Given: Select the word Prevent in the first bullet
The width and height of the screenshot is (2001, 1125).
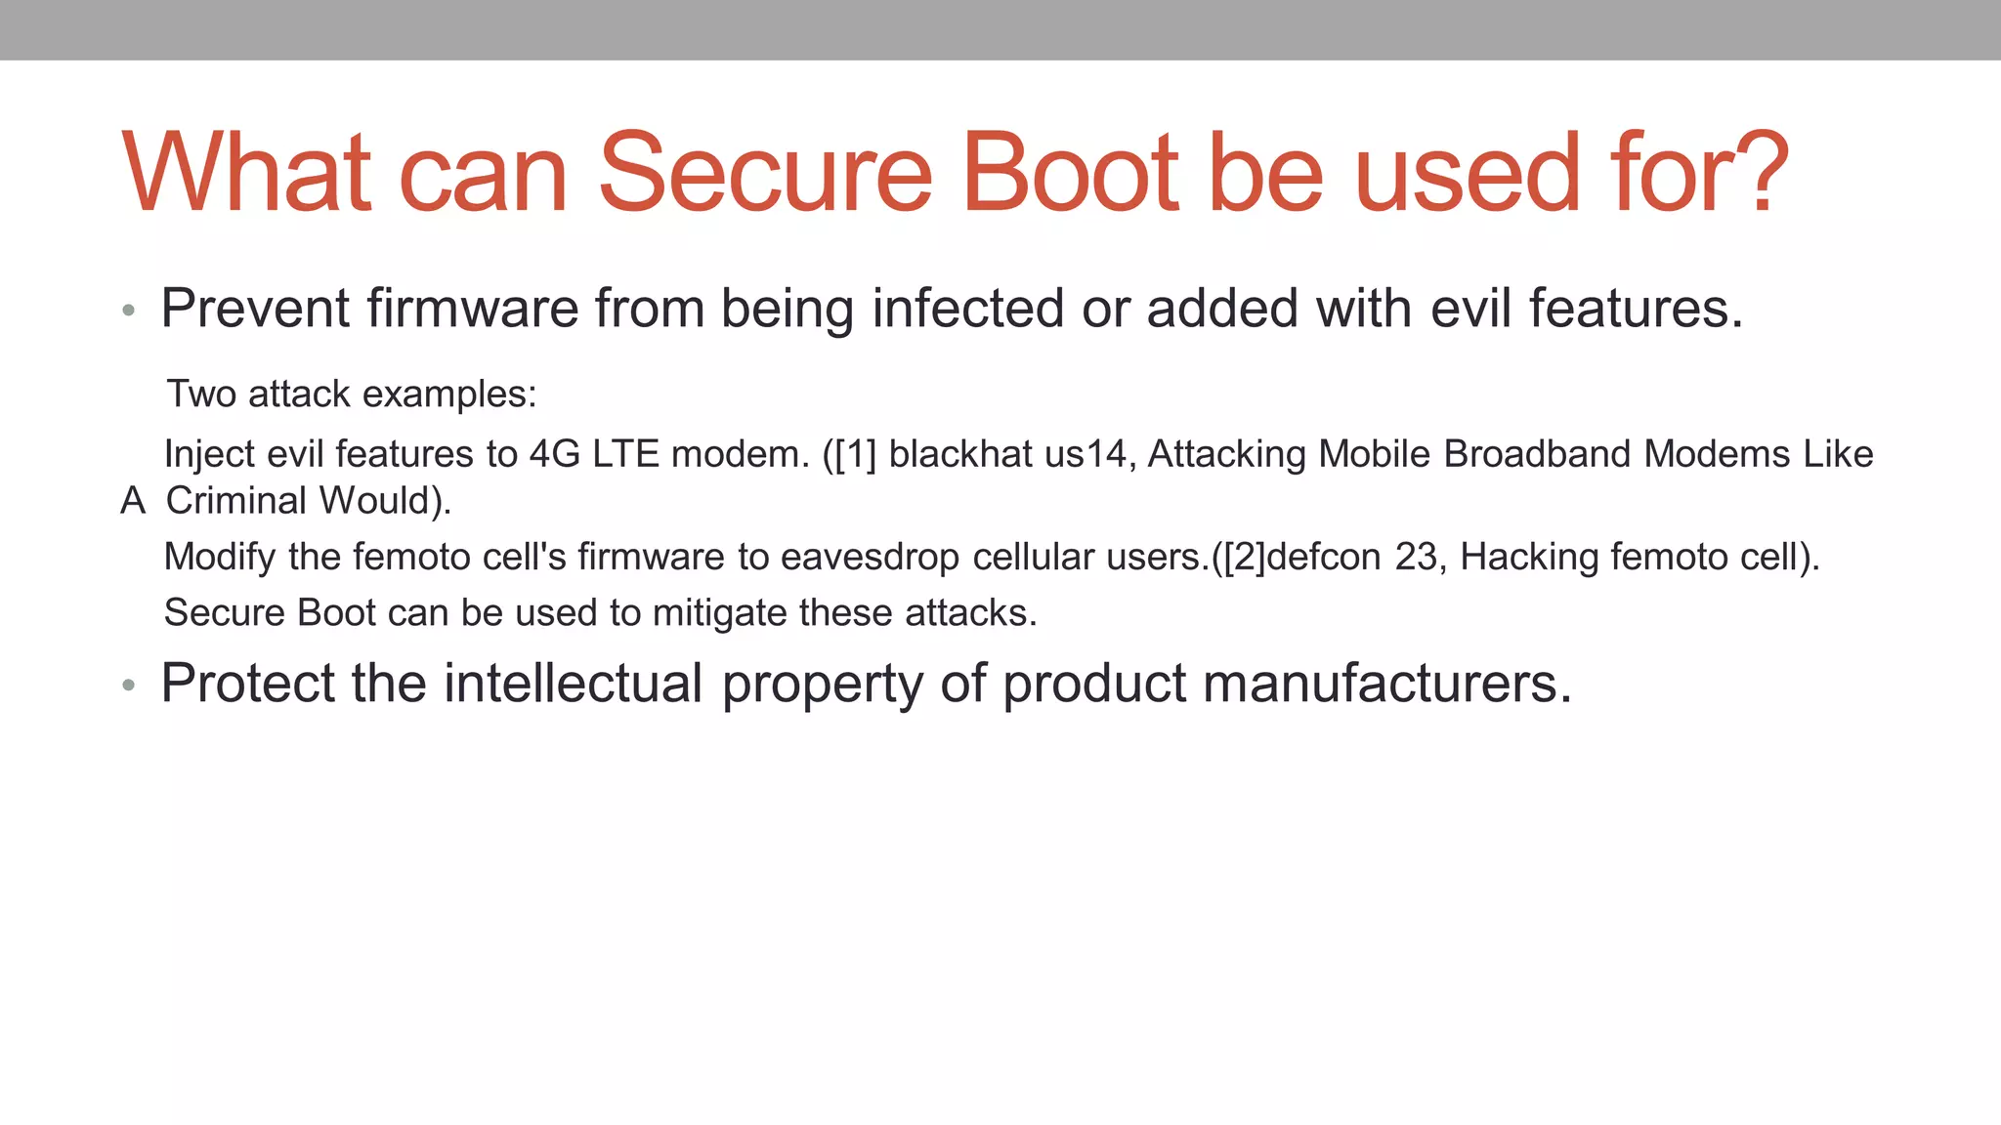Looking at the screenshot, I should [255, 309].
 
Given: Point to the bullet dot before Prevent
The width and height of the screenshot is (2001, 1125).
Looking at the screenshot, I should [128, 312].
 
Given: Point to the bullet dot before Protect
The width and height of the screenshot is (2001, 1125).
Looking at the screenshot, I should [128, 686].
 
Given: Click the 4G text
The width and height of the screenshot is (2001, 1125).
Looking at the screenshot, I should [555, 454].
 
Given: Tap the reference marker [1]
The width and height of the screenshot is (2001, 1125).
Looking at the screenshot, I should [856, 454].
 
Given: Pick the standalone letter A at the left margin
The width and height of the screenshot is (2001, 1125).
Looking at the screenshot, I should [133, 501].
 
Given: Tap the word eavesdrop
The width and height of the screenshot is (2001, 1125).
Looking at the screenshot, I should [870, 558].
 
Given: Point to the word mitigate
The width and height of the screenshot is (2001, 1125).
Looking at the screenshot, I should [719, 613].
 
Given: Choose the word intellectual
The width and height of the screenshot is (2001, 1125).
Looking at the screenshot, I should [574, 683].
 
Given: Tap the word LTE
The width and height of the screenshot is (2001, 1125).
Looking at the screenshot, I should [625, 454].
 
